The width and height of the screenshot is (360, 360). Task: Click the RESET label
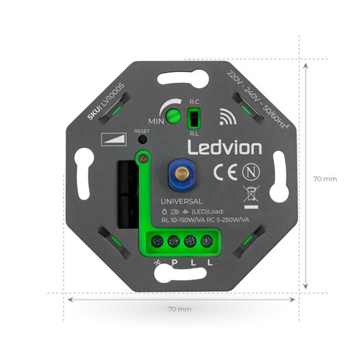click(142, 132)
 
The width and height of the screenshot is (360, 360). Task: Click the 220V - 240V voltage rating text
click(252, 96)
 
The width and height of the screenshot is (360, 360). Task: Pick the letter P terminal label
click(174, 262)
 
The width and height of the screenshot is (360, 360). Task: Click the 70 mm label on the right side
click(325, 179)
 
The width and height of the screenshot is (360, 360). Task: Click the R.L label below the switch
click(196, 132)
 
